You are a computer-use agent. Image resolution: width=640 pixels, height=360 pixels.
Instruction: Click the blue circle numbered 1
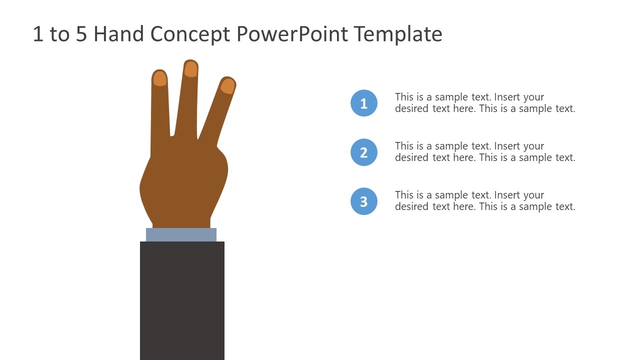click(364, 103)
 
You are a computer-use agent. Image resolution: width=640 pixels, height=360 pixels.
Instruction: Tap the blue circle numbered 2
click(364, 152)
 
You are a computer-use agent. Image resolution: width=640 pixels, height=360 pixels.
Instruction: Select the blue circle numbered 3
click(364, 201)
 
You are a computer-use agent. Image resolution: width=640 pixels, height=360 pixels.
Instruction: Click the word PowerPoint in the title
click(292, 34)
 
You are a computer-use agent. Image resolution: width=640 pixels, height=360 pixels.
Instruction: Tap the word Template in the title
click(398, 34)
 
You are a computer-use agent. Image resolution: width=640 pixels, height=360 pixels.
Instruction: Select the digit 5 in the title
click(81, 34)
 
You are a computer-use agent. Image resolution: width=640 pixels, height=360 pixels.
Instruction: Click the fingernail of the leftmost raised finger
click(159, 78)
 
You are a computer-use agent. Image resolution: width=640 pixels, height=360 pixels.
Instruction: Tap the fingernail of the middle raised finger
click(190, 69)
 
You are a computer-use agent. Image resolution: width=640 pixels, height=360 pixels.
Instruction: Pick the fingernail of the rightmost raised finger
click(227, 86)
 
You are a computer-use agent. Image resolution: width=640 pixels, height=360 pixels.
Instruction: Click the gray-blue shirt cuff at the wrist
click(181, 234)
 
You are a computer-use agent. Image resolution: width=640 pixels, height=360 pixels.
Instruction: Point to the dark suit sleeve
click(182, 300)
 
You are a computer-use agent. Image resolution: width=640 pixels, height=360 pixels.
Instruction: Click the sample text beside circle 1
click(484, 103)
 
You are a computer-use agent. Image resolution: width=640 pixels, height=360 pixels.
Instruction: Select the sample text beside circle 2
click(484, 152)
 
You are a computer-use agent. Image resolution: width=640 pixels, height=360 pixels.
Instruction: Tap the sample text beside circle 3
click(484, 201)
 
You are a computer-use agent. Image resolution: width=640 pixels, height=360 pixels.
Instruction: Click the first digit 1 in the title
click(37, 34)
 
